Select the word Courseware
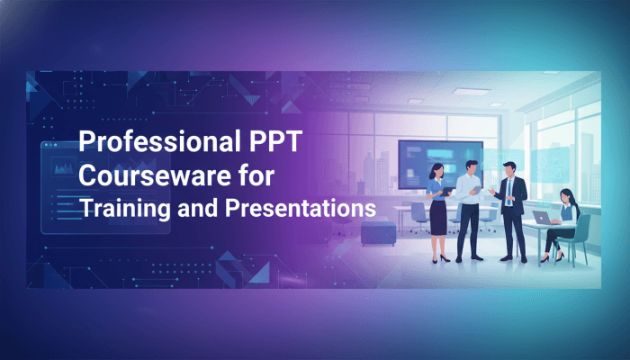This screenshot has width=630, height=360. tap(139, 175)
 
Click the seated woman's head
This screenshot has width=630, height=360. tap(566, 195)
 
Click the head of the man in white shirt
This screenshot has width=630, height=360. tap(472, 167)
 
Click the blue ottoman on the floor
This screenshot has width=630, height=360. tap(377, 231)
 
